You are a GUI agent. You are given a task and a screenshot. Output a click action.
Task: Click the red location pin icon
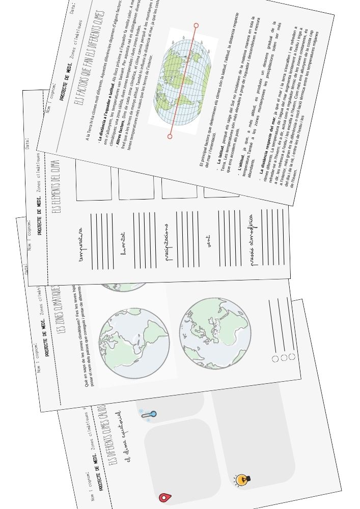coord(164,497)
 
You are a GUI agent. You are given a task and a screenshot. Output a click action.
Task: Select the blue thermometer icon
coord(149,416)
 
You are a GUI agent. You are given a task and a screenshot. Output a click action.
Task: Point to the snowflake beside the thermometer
coord(141,411)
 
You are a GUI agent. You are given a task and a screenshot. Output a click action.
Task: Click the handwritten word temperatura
coord(81,244)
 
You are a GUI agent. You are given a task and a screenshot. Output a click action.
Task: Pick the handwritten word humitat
coord(123,243)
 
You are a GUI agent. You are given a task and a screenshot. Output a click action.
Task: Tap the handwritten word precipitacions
coord(168,242)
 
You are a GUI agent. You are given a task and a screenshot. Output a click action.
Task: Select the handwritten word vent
coord(209,241)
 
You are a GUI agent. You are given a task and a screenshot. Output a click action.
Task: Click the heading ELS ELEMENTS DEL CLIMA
coord(57,186)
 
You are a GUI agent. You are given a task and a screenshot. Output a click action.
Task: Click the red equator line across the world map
coord(183,80)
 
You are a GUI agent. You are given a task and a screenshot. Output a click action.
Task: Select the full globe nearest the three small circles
coord(215,333)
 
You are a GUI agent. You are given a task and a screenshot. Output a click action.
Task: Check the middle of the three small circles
coord(284,358)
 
